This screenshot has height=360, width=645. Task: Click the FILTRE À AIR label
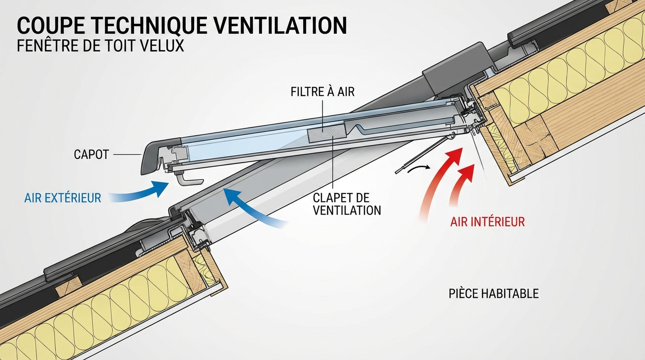click(322, 91)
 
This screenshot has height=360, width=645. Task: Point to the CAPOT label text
click(91, 154)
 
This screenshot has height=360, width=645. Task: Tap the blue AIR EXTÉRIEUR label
click(62, 198)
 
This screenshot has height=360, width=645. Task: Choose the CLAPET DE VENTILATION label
click(347, 204)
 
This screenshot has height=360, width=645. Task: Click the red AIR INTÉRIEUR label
click(487, 221)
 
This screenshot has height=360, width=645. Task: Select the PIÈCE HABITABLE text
click(494, 294)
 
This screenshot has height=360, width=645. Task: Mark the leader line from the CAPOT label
click(127, 154)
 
